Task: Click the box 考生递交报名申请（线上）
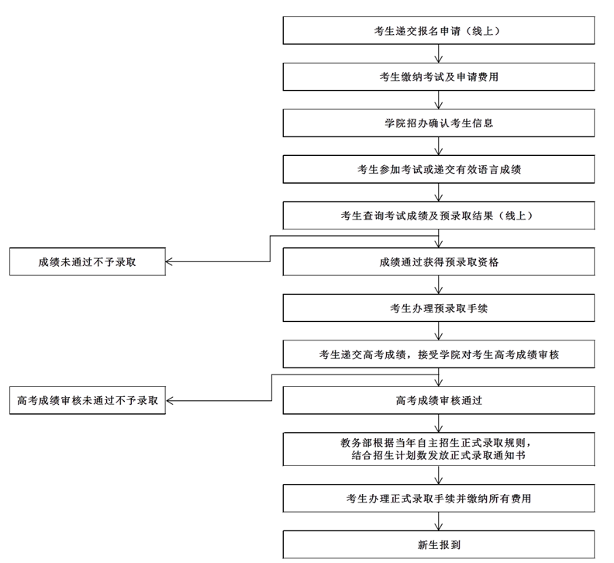439,30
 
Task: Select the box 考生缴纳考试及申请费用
439,77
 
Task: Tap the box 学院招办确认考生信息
439,123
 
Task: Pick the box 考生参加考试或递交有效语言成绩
439,169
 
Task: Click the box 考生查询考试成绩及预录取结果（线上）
439,216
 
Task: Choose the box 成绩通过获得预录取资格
439,261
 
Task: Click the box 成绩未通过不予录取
88,261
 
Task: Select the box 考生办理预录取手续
439,308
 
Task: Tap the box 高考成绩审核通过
439,400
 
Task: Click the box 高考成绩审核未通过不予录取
88,400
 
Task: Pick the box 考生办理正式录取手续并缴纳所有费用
439,499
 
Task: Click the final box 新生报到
439,544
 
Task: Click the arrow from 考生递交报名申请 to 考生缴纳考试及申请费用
439,54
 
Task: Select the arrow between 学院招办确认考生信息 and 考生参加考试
439,146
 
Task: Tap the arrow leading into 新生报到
439,521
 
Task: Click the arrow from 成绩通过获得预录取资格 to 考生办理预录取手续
439,285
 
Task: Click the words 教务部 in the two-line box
357,443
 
